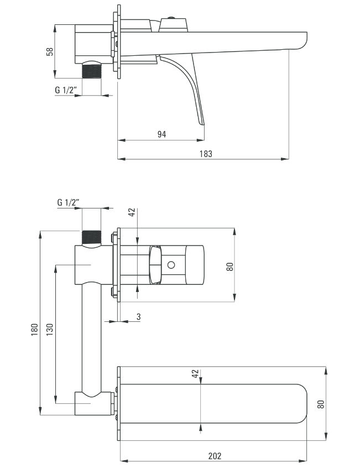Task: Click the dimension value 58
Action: [50, 51]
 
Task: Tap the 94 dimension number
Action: [162, 134]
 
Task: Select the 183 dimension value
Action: [206, 154]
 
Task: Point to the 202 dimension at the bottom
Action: [215, 456]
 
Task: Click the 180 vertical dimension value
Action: [35, 329]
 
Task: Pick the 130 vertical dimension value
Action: [50, 329]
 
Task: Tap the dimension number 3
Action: [138, 317]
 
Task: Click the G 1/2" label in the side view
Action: [66, 90]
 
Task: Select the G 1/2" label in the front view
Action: [68, 202]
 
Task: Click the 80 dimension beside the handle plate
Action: [229, 267]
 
